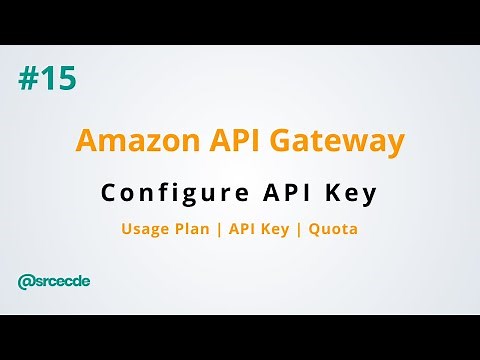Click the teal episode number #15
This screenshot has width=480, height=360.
point(47,79)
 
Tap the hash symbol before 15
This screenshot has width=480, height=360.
point(27,79)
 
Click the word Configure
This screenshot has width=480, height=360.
point(162,194)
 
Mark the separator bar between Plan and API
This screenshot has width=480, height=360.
point(221,229)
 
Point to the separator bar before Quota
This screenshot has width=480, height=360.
point(299,229)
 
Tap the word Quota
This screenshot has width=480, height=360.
point(333,229)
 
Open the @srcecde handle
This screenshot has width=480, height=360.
point(54,281)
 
